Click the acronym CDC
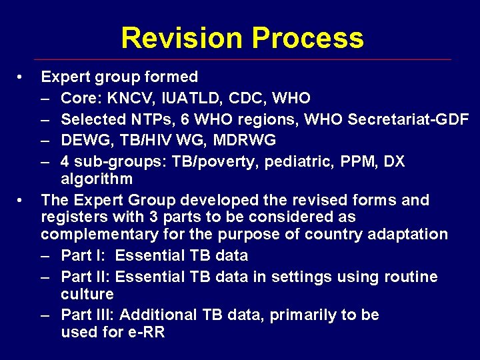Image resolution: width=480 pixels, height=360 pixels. pos(246,99)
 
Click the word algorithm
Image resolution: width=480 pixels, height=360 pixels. pos(97,179)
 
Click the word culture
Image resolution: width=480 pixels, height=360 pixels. pos(87,294)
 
